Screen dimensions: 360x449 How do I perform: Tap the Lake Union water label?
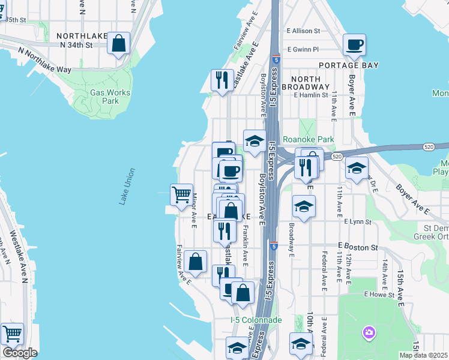click(x=126, y=187)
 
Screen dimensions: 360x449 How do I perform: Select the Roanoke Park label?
click(x=308, y=139)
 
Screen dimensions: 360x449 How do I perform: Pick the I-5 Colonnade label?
click(x=256, y=320)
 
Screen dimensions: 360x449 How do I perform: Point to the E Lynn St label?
click(x=358, y=222)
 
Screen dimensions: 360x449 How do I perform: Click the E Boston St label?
click(x=357, y=246)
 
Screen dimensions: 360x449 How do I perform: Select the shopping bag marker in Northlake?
click(x=119, y=44)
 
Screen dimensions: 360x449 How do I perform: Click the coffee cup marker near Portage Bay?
click(x=355, y=44)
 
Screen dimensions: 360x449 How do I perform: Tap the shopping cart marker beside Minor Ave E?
click(x=181, y=194)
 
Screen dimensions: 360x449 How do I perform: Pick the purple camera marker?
click(x=369, y=332)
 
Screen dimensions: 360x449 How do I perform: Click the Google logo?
click(x=20, y=353)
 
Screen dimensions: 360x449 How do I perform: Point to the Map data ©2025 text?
click(x=423, y=355)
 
